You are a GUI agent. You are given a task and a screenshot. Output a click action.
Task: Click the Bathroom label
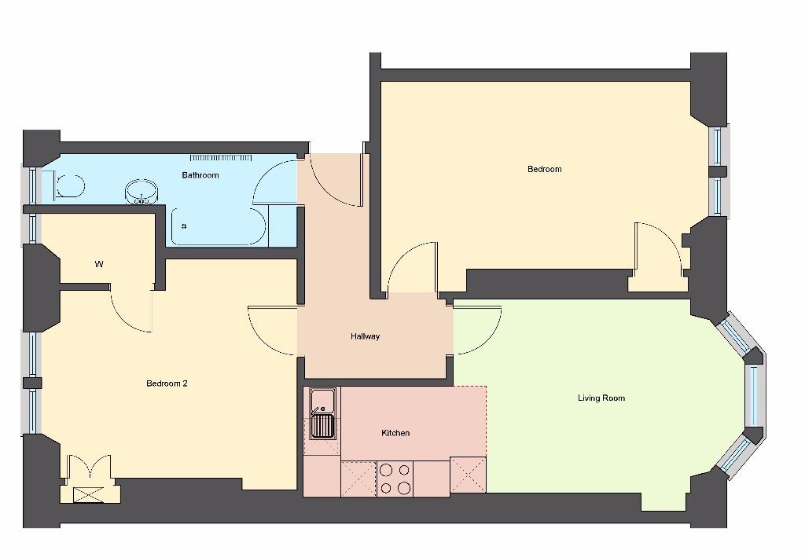[x=200, y=175]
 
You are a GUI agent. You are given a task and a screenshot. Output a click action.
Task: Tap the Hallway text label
[x=365, y=336]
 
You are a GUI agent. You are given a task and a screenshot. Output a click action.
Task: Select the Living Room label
[x=601, y=398]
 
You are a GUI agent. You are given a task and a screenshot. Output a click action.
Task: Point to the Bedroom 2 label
[x=167, y=383]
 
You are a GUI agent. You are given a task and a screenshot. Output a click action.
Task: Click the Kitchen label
[x=395, y=433]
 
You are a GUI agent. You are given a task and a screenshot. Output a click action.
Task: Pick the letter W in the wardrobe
[x=99, y=265]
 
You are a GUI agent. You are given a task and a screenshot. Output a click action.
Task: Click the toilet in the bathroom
[x=69, y=186]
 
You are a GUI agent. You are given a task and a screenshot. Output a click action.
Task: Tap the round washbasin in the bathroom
[x=142, y=192]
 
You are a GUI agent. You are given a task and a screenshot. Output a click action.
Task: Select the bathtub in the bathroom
[x=218, y=226]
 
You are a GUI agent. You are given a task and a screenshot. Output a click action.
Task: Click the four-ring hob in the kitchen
[x=395, y=479]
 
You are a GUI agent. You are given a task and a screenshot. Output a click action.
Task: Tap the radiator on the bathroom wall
[x=221, y=157]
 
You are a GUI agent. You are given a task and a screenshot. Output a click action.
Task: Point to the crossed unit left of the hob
[x=358, y=479]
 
